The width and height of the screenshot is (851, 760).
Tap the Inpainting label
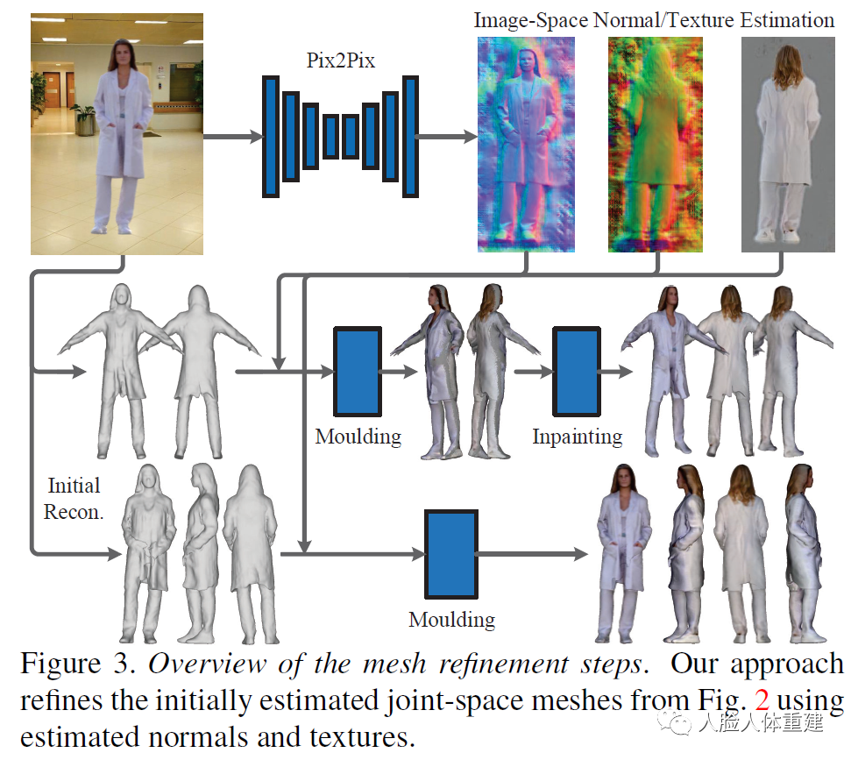[577, 436]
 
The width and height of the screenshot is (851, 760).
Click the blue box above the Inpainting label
[577, 371]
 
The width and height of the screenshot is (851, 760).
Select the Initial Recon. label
[74, 498]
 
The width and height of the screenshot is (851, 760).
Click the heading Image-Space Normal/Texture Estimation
[654, 19]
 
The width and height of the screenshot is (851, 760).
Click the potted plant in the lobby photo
[84, 118]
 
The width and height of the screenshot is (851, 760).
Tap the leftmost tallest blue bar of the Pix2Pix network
[271, 137]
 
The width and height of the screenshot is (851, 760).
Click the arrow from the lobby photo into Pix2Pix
[232, 137]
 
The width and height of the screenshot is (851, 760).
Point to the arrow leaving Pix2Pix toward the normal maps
[447, 137]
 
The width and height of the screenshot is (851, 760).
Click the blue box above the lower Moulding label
[451, 554]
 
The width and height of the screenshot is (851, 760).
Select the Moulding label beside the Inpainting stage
[358, 436]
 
